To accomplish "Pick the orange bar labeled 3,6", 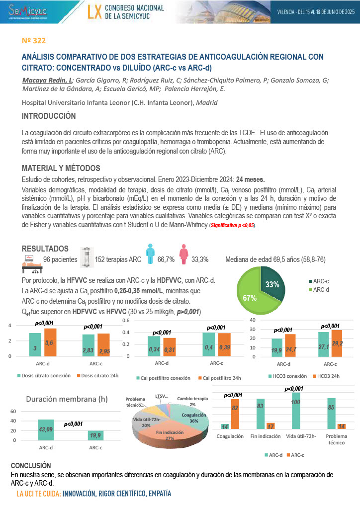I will point(50,342).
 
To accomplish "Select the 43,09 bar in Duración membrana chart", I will point(46,430).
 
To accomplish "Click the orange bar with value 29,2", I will point(336,343).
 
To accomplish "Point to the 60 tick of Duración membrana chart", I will point(13,412).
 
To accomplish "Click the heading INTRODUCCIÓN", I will point(49,116).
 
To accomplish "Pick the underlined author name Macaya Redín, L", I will point(47,80).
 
